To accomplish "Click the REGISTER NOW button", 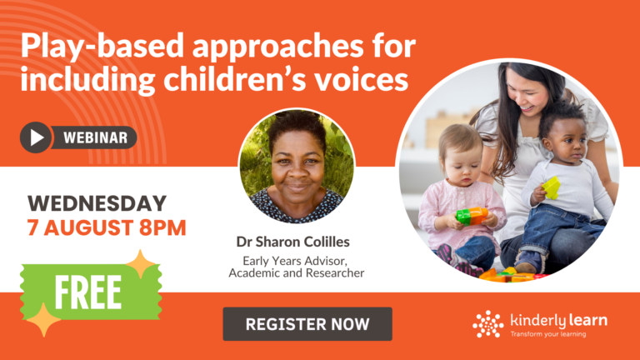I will (307, 324).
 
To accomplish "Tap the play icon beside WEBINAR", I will (36, 137).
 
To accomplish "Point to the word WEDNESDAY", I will (97, 203).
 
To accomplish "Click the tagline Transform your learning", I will (547, 334).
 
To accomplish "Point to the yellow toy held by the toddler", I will (551, 187).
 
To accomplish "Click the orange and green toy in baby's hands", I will (472, 216).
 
